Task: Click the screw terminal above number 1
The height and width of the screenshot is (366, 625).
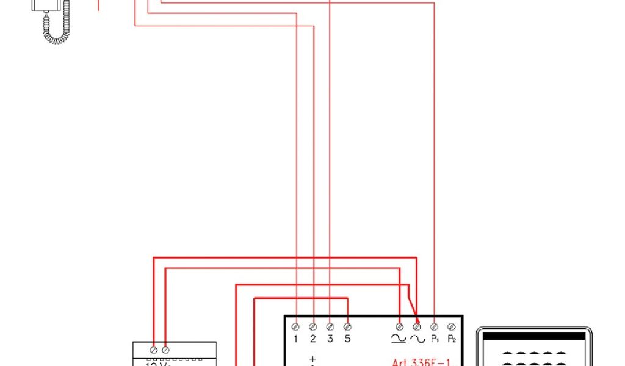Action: point(295,327)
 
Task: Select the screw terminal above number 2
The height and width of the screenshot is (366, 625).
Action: point(312,327)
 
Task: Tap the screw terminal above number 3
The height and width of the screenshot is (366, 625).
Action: point(330,327)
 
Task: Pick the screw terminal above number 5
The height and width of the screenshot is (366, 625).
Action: point(347,327)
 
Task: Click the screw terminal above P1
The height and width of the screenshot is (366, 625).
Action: point(434,327)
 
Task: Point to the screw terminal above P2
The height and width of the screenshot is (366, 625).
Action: point(451,327)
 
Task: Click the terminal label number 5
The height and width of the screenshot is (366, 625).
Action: point(347,339)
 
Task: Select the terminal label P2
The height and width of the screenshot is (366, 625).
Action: point(452,339)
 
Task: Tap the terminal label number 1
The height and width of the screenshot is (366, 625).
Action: point(295,339)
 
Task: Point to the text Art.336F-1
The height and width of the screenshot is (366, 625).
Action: point(421,362)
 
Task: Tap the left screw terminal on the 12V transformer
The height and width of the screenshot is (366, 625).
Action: point(153,350)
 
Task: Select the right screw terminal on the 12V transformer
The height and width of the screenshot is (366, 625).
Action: point(165,350)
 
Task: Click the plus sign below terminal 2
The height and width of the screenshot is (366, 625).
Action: point(312,360)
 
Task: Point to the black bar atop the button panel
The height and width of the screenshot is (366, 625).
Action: point(534,335)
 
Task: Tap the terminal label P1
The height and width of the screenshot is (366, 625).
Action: point(435,339)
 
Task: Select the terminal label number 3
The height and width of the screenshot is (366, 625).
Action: point(330,339)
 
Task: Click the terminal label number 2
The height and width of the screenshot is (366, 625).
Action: point(312,339)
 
